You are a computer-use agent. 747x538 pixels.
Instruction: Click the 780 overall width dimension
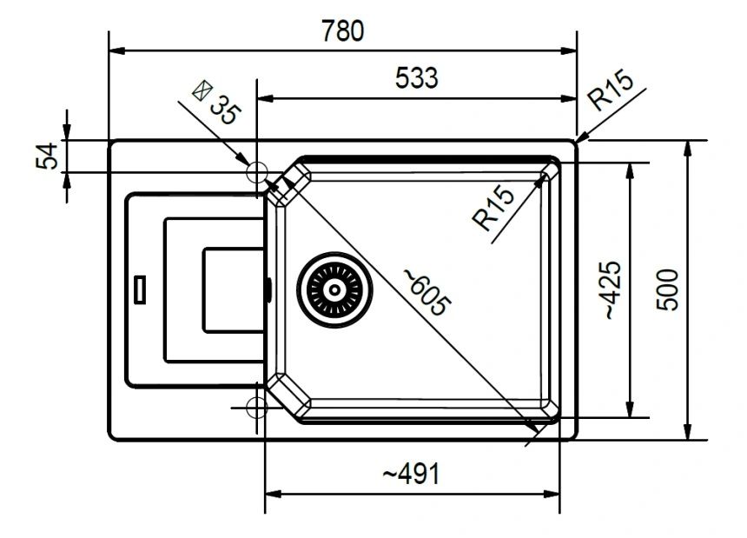coord(342,30)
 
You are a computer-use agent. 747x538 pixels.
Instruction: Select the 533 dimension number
coord(416,78)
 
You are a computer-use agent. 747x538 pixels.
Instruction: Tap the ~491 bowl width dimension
coord(412,474)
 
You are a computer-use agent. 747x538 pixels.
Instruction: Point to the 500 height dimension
coord(667,289)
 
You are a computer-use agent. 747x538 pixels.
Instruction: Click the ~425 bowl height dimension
coord(613,289)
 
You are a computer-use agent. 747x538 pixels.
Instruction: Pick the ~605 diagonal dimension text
coord(426,292)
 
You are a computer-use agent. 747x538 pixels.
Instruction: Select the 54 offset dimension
coord(47,156)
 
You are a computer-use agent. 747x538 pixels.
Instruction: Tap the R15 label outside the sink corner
coord(611,90)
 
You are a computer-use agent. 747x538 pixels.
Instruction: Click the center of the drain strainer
coord(334,289)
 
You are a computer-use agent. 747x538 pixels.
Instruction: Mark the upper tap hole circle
coord(257,172)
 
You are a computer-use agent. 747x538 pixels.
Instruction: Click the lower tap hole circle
coord(257,408)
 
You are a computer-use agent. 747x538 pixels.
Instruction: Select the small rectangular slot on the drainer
coord(140,289)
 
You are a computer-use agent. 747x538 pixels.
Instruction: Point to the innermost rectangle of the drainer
coord(234,289)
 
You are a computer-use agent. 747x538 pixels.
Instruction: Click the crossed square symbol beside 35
coord(202,90)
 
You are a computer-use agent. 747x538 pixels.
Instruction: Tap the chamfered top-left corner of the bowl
coord(288,183)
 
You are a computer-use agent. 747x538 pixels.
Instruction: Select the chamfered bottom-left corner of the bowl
coord(288,396)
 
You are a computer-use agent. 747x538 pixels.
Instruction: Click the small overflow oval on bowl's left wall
coord(269,289)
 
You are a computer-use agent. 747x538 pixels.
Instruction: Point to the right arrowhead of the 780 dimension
coord(568,50)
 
